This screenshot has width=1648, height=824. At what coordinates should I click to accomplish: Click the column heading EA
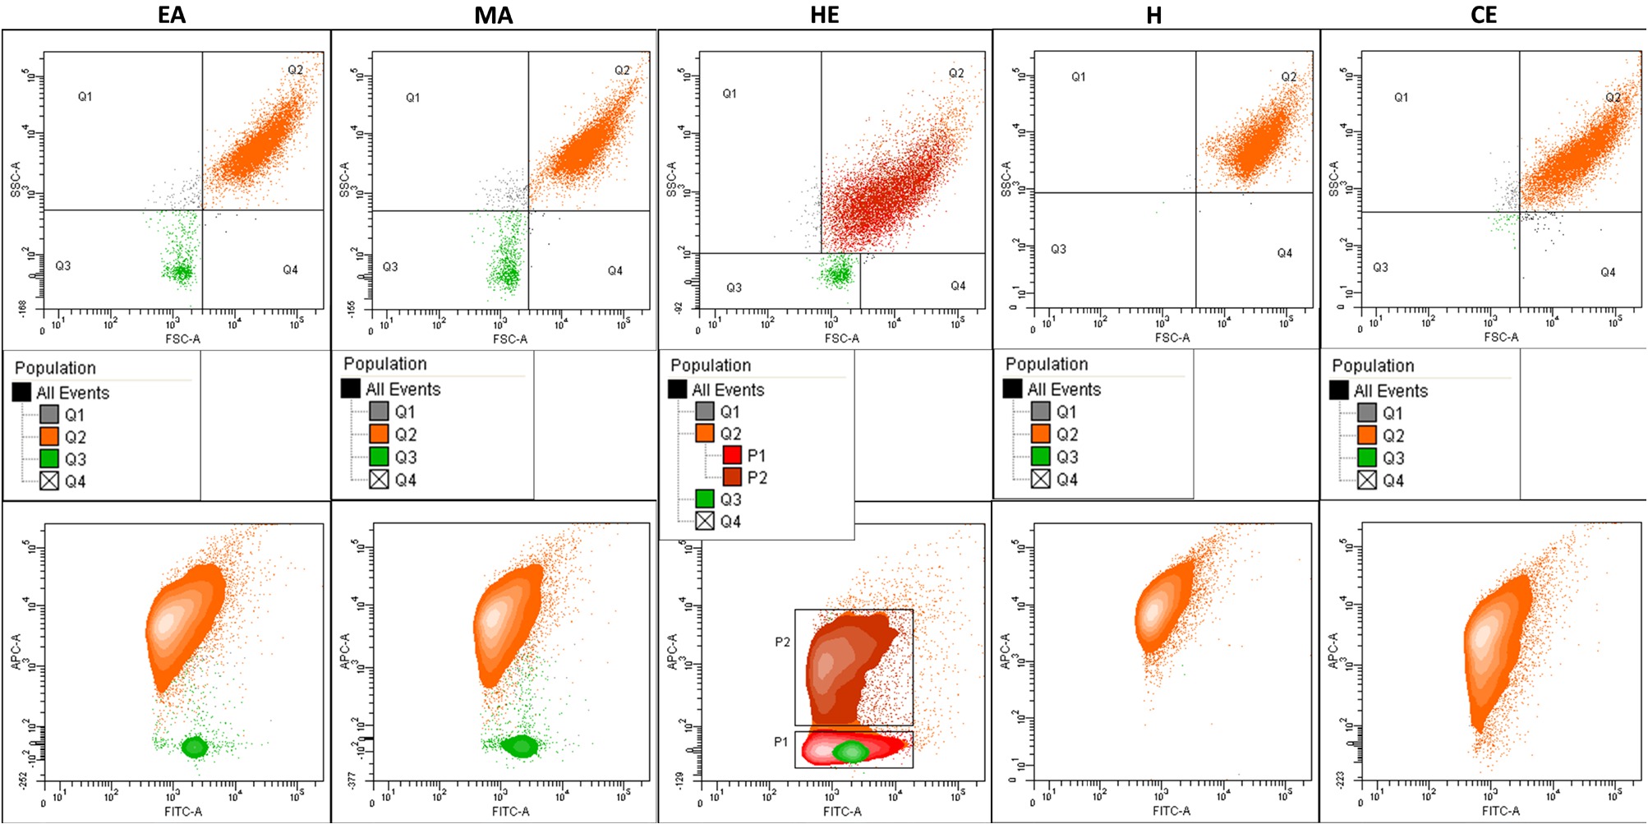[x=172, y=15]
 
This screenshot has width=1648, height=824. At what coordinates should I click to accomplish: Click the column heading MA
[x=493, y=15]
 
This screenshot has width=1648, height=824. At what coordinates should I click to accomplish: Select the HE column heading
[x=824, y=15]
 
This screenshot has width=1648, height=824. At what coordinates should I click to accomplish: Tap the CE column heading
[x=1484, y=15]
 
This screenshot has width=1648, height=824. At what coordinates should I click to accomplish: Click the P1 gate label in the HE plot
[x=780, y=742]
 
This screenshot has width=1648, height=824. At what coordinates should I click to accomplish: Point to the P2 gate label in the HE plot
[x=782, y=642]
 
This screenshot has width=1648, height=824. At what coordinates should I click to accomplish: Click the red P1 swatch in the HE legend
[x=732, y=455]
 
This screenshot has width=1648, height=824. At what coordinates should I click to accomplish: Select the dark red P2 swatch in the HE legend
[x=732, y=477]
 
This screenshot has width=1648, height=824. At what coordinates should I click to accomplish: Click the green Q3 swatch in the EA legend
[x=49, y=458]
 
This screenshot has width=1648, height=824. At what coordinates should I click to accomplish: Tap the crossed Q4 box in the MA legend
[x=379, y=479]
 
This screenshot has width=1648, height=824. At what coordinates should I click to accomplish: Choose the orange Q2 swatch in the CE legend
[x=1367, y=435]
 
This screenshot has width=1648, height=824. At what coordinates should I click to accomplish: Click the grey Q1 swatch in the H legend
[x=1041, y=411]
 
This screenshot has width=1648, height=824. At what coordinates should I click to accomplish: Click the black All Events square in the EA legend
[x=22, y=392]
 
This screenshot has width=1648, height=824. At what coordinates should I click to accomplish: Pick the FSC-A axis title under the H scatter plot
[x=1172, y=338]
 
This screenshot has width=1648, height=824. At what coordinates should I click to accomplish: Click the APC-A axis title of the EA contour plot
[x=16, y=651]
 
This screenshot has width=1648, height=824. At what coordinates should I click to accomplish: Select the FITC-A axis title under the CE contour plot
[x=1500, y=811]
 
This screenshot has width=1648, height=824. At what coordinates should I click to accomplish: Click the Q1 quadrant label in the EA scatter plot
[x=85, y=97]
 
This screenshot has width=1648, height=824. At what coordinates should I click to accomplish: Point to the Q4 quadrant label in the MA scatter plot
[x=615, y=270]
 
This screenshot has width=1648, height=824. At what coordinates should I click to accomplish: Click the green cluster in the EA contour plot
[x=195, y=747]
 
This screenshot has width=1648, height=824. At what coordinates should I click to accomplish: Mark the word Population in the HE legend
[x=710, y=366]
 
